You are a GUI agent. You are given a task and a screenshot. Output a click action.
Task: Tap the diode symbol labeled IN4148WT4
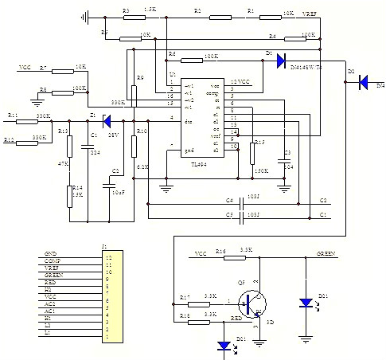(281, 61)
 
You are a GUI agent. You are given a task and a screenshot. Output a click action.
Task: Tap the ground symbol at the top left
(87, 15)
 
